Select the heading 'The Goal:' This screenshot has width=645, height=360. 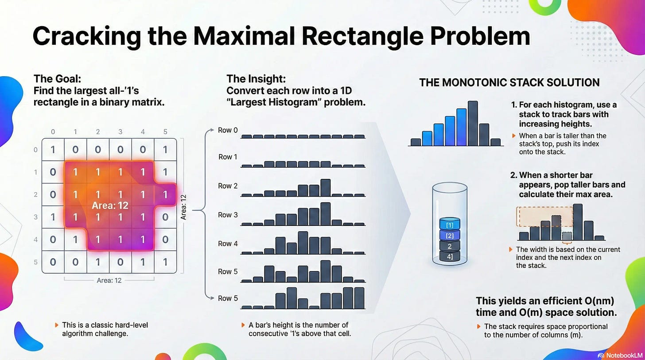pyautogui.click(x=57, y=78)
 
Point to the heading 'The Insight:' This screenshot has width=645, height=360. pyautogui.click(x=256, y=78)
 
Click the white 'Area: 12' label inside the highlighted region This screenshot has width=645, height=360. pyautogui.click(x=110, y=205)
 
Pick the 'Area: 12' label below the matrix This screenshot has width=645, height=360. pyautogui.click(x=109, y=280)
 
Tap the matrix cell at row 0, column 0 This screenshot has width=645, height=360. pyautogui.click(x=53, y=150)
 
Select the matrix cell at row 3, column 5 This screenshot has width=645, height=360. pyautogui.click(x=165, y=217)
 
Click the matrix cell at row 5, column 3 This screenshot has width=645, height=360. pyautogui.click(x=120, y=262)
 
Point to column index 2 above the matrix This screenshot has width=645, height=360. pyautogui.click(x=98, y=132)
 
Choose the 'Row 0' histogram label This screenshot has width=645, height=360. pyautogui.click(x=228, y=130)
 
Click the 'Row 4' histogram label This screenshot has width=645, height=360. pyautogui.click(x=228, y=244)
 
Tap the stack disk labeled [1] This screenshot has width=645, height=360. pyautogui.click(x=450, y=225)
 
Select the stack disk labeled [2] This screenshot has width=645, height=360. pyautogui.click(x=450, y=236)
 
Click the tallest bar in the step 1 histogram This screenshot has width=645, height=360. pyautogui.click(x=473, y=123)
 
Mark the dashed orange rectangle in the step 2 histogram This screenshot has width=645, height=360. pyautogui.click(x=544, y=217)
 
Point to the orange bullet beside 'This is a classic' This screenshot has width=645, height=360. pyautogui.click(x=57, y=325)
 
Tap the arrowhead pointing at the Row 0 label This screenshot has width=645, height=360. pyautogui.click(x=212, y=130)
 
